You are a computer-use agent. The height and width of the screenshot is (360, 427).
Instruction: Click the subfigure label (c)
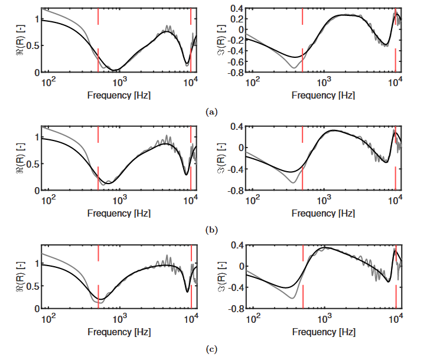coord(213,349)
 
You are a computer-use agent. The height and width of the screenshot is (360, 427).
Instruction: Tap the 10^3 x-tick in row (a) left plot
coord(120,81)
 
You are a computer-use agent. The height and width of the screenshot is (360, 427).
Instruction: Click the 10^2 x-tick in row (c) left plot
coord(49,319)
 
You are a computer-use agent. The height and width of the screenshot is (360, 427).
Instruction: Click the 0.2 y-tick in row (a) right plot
coord(239,19)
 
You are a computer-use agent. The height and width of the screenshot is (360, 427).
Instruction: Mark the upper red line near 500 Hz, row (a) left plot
coord(98,17)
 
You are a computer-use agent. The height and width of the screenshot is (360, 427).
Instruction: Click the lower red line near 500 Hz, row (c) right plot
coord(303,296)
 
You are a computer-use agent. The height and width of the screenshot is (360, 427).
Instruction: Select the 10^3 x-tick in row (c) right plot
coord(324,319)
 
